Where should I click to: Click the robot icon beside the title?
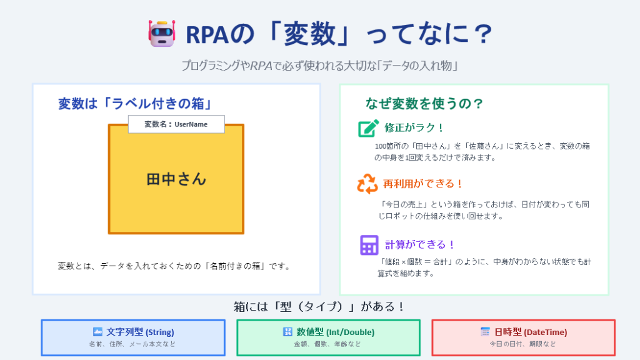(x=162, y=33)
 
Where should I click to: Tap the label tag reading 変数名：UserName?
(x=176, y=124)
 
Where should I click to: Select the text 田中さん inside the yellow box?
(x=176, y=179)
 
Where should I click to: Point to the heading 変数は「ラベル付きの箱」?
(x=136, y=104)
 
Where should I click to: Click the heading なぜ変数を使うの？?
(x=424, y=104)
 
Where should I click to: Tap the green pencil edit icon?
(x=368, y=128)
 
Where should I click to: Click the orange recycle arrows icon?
(x=367, y=184)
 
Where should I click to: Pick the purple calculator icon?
(x=369, y=245)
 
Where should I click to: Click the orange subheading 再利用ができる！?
(x=423, y=184)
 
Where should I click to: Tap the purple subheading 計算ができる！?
(x=420, y=244)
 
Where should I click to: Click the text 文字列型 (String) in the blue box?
(x=140, y=332)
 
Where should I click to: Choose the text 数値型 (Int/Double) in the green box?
(x=335, y=332)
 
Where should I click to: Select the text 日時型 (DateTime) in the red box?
(x=531, y=332)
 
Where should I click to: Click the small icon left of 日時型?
(x=485, y=332)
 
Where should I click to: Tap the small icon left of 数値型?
(x=287, y=332)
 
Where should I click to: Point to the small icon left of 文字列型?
(x=97, y=331)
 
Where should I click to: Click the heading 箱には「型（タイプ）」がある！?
(x=320, y=306)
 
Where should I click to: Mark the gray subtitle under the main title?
(x=320, y=65)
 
